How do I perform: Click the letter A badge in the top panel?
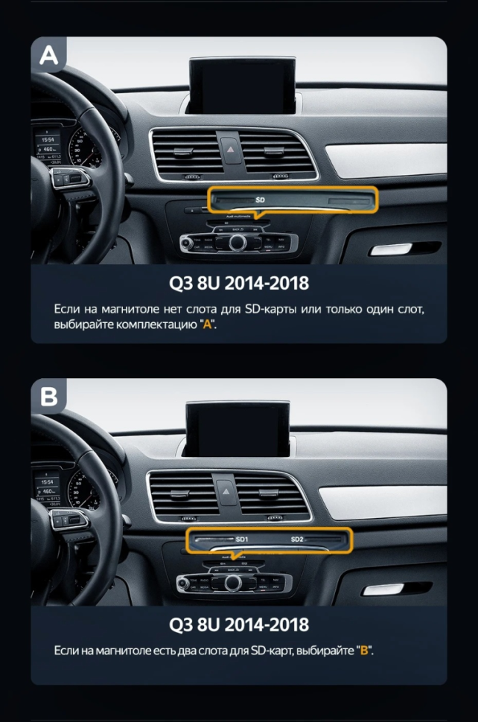coord(48,54)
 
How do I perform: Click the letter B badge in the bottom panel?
coord(48,396)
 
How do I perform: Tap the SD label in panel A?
coord(260,199)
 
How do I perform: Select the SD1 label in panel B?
coord(243,540)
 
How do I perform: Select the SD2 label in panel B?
coord(297,540)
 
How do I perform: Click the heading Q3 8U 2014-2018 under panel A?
coord(238,284)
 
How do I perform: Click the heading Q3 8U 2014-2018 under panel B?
coord(238,623)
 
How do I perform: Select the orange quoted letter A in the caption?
coord(207,325)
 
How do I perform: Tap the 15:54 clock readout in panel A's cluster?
coord(48,138)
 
